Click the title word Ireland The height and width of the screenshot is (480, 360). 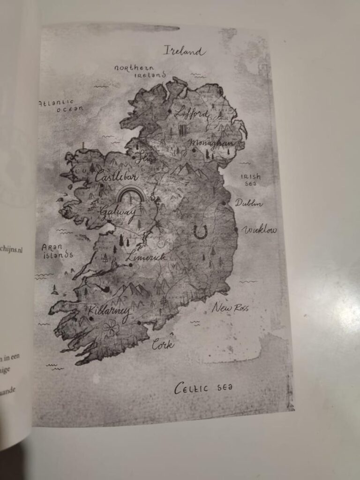(184, 51)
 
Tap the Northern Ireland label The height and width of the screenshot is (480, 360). (141, 71)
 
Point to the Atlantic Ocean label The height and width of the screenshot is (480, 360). (61, 105)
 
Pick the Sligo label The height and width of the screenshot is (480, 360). (145, 159)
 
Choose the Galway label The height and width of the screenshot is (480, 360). (118, 213)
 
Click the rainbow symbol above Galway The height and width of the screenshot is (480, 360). (132, 194)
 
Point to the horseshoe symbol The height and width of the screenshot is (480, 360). (201, 232)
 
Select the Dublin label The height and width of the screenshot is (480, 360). (248, 203)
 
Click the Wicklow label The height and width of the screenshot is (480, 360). (259, 230)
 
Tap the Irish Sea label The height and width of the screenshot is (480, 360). (250, 180)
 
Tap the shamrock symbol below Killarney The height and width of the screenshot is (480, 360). (111, 328)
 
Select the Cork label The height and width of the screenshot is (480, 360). (163, 345)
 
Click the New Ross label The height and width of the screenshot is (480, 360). (230, 308)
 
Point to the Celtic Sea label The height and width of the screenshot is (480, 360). (203, 388)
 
